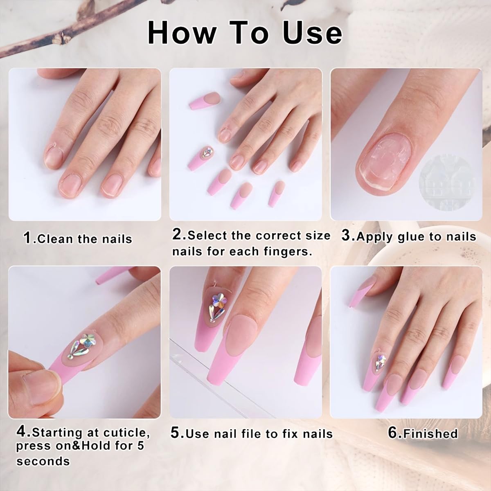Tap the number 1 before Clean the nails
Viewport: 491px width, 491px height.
(27, 238)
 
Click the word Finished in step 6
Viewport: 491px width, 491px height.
(430, 433)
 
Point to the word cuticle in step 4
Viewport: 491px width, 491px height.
(125, 433)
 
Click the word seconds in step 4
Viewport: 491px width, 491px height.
(43, 461)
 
